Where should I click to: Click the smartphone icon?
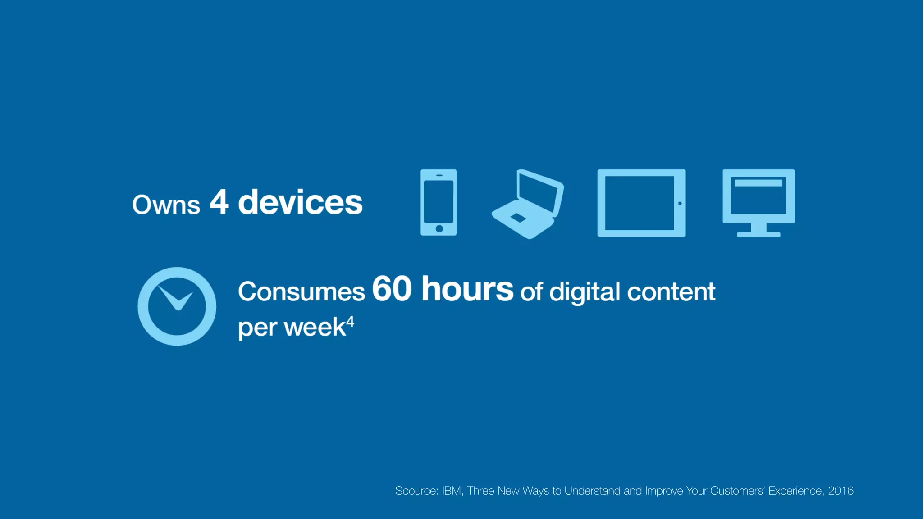click(x=439, y=202)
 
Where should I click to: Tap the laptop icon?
click(x=528, y=205)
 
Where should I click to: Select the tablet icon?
click(x=641, y=203)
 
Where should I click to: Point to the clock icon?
click(x=177, y=306)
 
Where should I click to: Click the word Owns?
click(x=166, y=205)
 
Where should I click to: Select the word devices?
click(x=300, y=202)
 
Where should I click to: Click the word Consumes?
click(x=301, y=291)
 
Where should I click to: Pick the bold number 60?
click(x=392, y=289)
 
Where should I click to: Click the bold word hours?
click(x=467, y=289)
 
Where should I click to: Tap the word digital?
click(x=585, y=292)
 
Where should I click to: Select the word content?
click(x=671, y=291)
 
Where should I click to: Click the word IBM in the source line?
click(x=452, y=491)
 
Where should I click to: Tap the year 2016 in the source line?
click(x=841, y=491)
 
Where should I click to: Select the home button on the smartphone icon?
click(x=439, y=228)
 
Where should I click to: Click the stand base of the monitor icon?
click(x=759, y=234)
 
